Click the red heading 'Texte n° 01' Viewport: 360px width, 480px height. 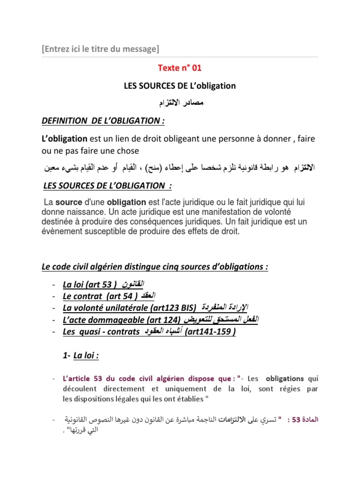pyautogui.click(x=180, y=68)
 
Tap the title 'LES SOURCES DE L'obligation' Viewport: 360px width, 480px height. pyautogui.click(x=180, y=86)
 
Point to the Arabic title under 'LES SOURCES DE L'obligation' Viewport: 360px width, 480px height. pyautogui.click(x=180, y=102)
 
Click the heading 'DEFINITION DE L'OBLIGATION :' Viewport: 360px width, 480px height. pyautogui.click(x=103, y=121)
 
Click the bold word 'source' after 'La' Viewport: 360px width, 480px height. pyautogui.click(x=68, y=202)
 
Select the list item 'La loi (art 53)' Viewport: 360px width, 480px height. pyautogui.click(x=90, y=285)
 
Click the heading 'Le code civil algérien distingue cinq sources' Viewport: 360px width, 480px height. pyautogui.click(x=155, y=267)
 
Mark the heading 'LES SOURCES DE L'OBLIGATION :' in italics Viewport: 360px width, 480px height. pyautogui.click(x=107, y=186)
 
